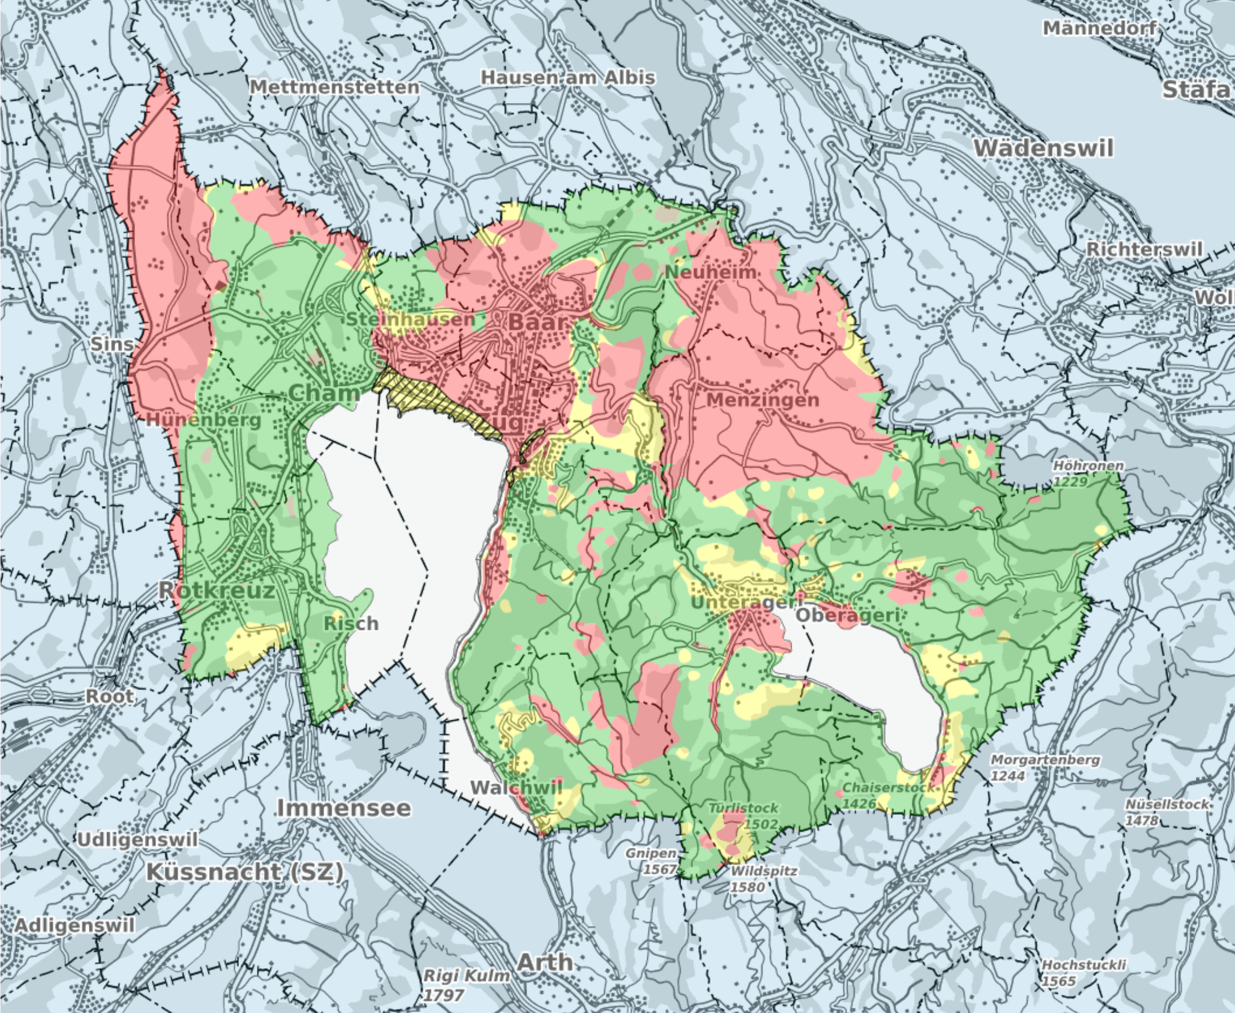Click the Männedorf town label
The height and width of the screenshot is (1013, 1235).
pyautogui.click(x=1099, y=28)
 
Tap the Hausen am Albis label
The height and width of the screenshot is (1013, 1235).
pyautogui.click(x=567, y=78)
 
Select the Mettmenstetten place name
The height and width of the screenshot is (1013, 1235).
pyautogui.click(x=335, y=87)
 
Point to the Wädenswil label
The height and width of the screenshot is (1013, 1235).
pyautogui.click(x=1043, y=147)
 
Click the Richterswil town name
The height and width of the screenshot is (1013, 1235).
pyautogui.click(x=1145, y=249)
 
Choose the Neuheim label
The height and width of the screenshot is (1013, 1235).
pyautogui.click(x=710, y=272)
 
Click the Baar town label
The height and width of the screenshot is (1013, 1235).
pyautogui.click(x=537, y=322)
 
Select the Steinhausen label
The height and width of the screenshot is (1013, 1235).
pyautogui.click(x=411, y=319)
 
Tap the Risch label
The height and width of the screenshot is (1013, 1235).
pyautogui.click(x=351, y=623)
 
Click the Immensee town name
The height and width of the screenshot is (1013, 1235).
pyautogui.click(x=344, y=808)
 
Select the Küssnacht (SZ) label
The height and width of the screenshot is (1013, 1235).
pyautogui.click(x=244, y=872)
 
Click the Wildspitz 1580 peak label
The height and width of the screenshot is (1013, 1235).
pyautogui.click(x=763, y=879)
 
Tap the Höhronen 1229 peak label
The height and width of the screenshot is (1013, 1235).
pyautogui.click(x=1088, y=473)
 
